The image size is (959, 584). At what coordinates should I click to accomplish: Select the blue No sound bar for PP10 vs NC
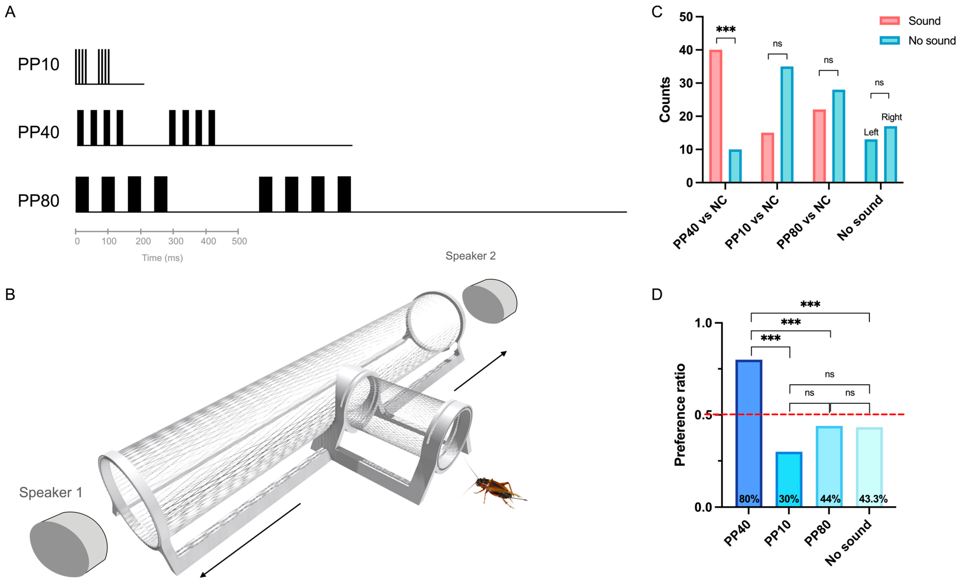click(x=787, y=125)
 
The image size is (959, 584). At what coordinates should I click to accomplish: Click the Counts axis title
click(x=665, y=100)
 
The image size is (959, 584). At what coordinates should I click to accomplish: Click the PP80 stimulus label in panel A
click(x=38, y=201)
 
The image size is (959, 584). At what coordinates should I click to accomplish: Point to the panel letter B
click(x=10, y=294)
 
